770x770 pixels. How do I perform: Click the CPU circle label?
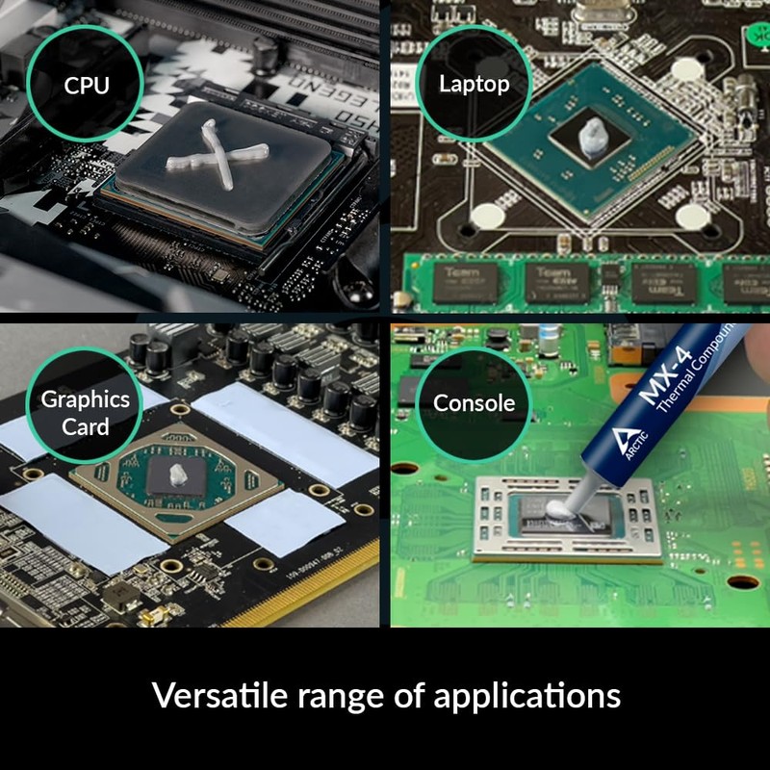(x=87, y=85)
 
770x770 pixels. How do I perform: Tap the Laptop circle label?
(x=474, y=84)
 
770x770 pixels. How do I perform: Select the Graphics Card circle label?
(x=85, y=412)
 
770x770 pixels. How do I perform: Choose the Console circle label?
(x=474, y=403)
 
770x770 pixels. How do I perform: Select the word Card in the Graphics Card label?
(x=85, y=425)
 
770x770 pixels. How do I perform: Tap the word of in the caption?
(x=410, y=695)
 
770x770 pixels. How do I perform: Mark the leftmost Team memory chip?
(x=462, y=281)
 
